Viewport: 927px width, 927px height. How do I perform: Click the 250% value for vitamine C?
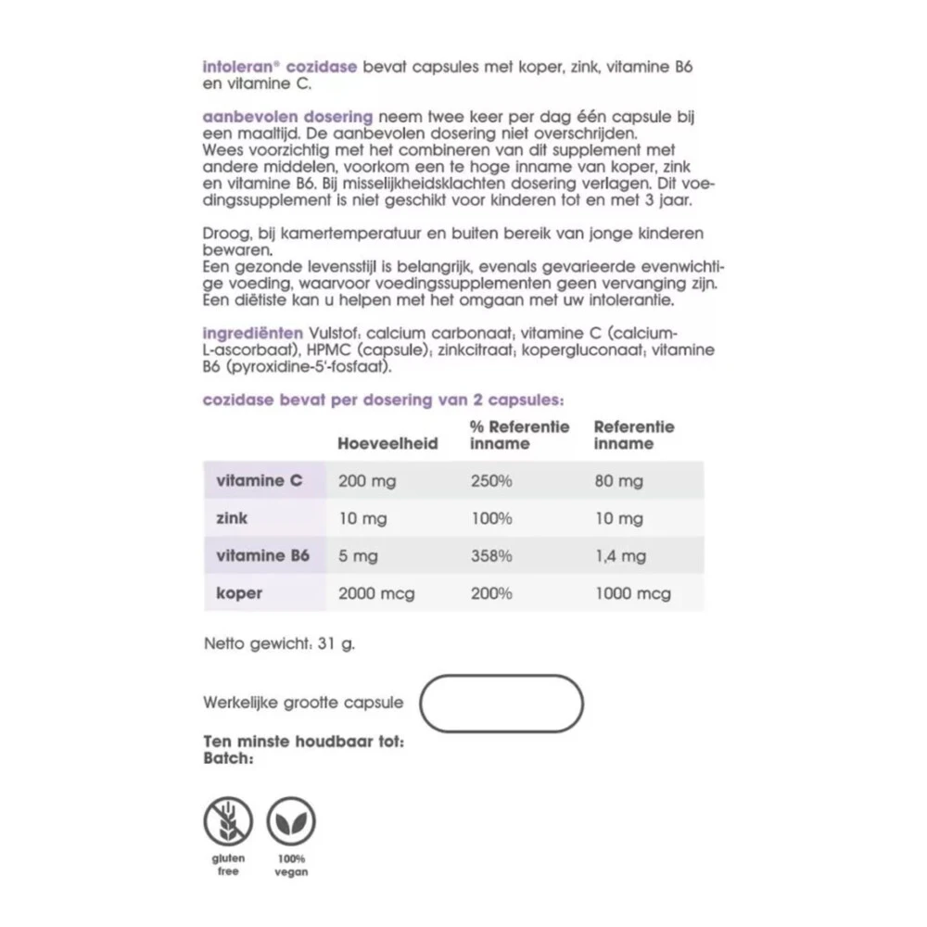(491, 481)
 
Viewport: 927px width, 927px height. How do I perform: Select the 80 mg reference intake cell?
(618, 481)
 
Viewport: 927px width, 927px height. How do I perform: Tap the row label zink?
(231, 518)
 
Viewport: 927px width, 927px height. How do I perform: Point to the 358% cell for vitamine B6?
(491, 556)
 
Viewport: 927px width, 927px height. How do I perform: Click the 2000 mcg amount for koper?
(376, 593)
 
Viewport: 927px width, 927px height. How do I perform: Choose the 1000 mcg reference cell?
(632, 593)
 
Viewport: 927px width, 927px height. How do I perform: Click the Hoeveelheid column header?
(387, 444)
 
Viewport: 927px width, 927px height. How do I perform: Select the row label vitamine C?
(259, 481)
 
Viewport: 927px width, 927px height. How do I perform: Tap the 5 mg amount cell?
(359, 556)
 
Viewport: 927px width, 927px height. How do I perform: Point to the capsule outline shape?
(502, 704)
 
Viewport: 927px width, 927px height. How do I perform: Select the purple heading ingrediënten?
(253, 333)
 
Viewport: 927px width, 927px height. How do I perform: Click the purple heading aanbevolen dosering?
(287, 117)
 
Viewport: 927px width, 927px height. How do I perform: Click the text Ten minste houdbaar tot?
(303, 743)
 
